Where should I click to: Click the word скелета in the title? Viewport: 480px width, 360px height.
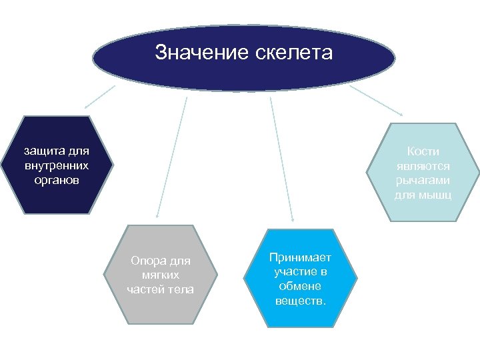[x=293, y=53]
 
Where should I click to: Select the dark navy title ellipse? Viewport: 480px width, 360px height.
[x=243, y=73]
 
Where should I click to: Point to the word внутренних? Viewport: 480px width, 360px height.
[x=56, y=165]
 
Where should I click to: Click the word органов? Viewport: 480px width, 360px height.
[x=56, y=180]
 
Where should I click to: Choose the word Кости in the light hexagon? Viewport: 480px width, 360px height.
[x=423, y=151]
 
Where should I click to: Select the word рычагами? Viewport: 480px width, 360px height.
[x=423, y=181]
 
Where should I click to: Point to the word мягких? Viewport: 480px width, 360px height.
[x=160, y=275]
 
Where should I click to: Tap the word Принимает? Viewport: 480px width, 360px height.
[x=300, y=257]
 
